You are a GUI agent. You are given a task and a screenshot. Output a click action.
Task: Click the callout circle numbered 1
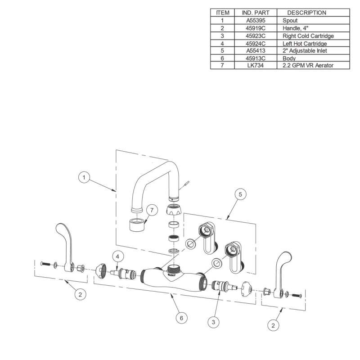point(84,177)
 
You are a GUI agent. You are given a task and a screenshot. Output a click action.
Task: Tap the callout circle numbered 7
point(152,210)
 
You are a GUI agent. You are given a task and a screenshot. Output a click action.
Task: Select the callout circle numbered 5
point(240,194)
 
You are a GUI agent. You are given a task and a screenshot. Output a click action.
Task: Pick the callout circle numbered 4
point(117,256)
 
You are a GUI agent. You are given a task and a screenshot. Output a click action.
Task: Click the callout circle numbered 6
point(182,318)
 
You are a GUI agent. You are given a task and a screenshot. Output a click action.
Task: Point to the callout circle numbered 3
point(213,322)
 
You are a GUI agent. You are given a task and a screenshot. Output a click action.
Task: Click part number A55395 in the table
point(256,20)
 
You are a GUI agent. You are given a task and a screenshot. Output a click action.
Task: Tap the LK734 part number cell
point(256,65)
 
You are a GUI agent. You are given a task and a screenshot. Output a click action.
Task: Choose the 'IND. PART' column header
point(256,13)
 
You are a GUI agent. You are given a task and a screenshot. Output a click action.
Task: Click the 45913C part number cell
point(256,58)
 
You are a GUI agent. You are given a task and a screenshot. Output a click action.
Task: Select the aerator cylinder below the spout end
point(137,225)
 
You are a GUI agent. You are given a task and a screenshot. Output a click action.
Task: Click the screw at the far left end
point(45,264)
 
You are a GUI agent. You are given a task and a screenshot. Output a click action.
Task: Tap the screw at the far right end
point(297,296)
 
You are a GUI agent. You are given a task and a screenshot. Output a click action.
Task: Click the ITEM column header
point(222,13)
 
